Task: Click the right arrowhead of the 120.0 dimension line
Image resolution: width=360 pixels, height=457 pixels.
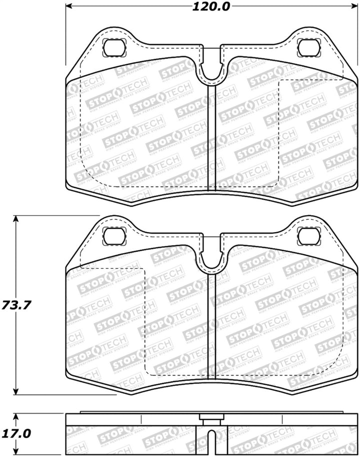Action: click(349, 7)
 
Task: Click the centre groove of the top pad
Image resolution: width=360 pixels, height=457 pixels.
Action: click(210, 135)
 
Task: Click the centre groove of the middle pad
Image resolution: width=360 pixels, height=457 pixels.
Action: click(210, 325)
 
